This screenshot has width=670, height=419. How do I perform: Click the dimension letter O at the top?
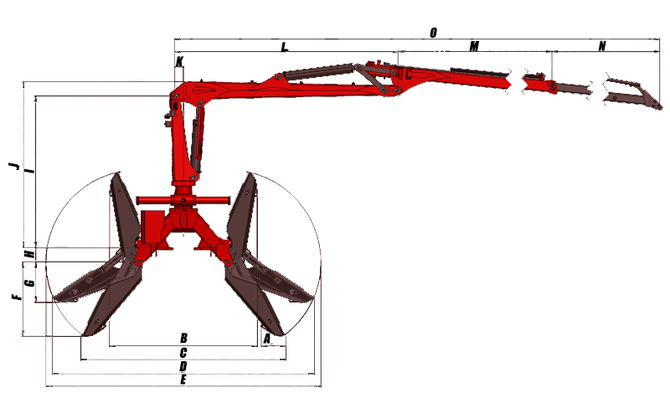coord(433,33)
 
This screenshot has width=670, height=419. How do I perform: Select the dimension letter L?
coord(284,47)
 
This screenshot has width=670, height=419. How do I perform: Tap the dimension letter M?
coord(474,46)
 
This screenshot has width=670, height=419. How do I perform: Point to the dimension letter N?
coord(602,46)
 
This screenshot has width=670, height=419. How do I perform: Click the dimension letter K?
coord(179,61)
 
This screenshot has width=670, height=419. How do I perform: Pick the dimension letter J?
coord(14,165)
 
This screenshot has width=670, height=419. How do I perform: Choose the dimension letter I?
coord(29,171)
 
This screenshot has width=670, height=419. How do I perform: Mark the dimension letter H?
coord(29,254)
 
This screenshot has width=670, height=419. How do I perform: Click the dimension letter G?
coord(29,282)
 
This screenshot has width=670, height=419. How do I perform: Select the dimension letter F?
coord(16,297)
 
